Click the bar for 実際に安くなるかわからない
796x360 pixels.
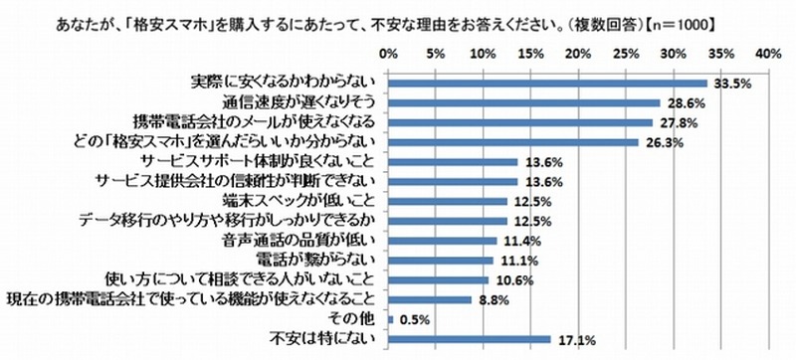(x=547, y=84)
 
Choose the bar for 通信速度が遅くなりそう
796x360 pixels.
(x=524, y=103)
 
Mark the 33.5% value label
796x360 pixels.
(x=729, y=84)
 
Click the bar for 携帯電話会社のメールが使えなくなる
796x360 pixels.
(x=520, y=122)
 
